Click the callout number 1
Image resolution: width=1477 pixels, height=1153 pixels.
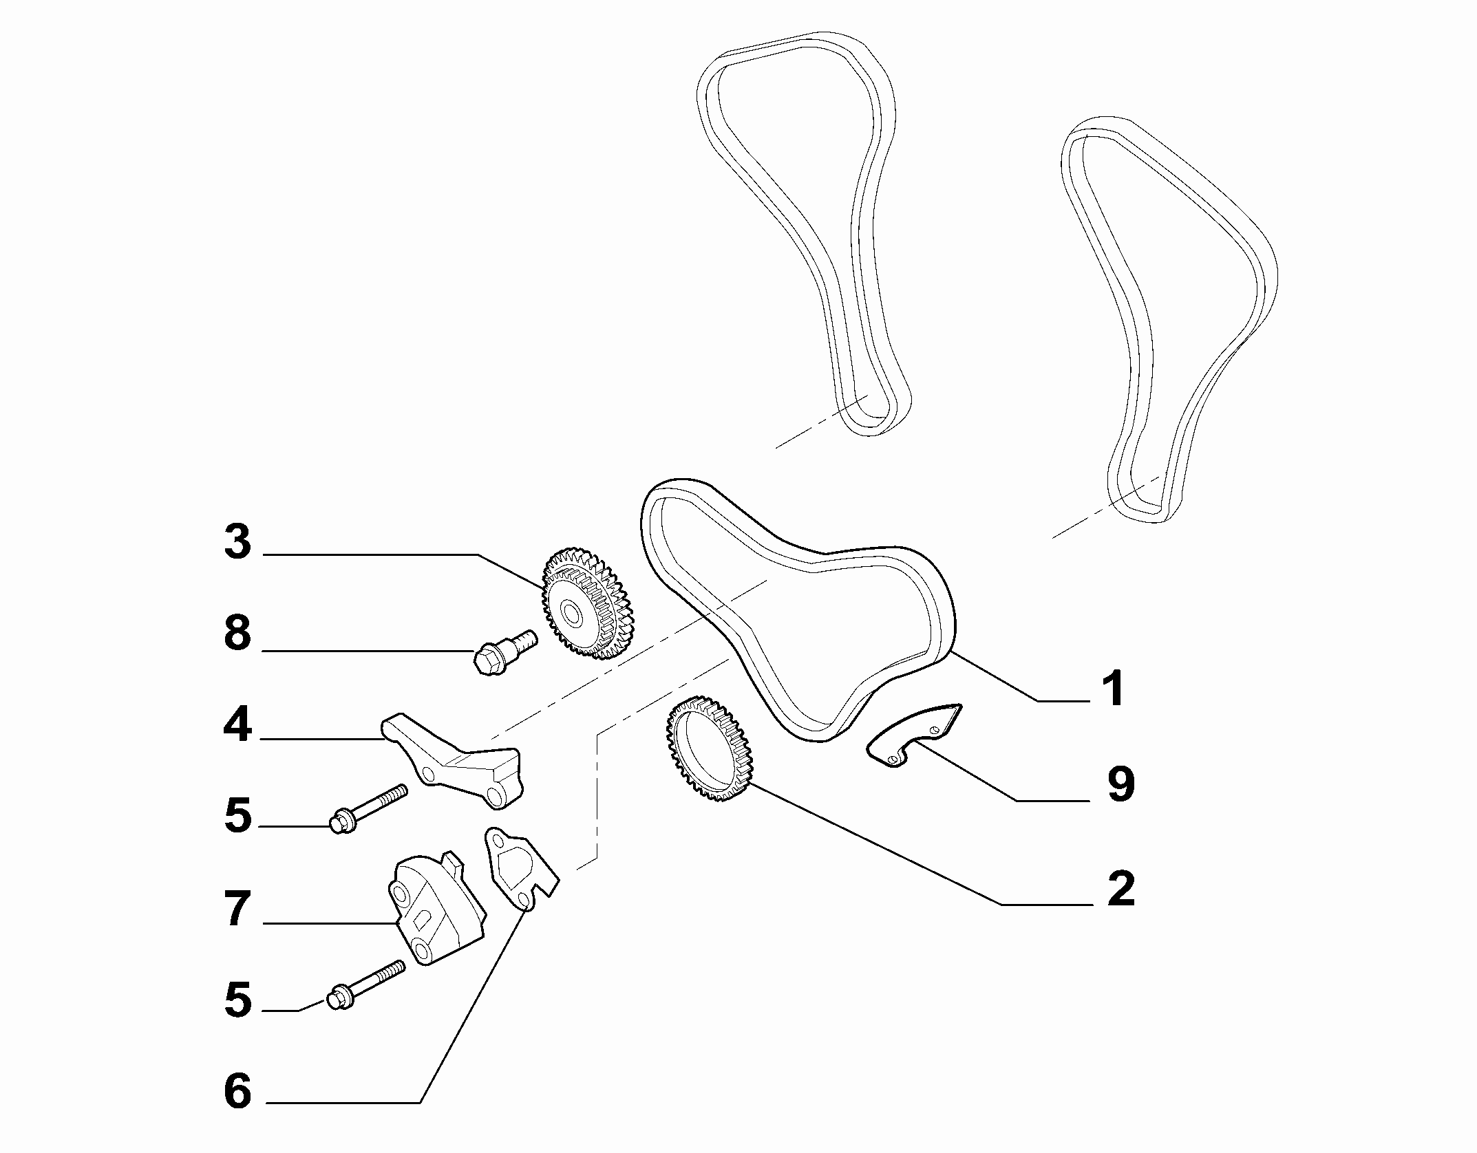pyautogui.click(x=1114, y=688)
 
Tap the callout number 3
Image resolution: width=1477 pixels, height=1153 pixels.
pyautogui.click(x=238, y=543)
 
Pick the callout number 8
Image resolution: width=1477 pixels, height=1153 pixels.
pyautogui.click(x=238, y=633)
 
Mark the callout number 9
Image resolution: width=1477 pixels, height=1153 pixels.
pyautogui.click(x=1120, y=784)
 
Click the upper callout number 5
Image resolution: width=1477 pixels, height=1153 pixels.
pyautogui.click(x=238, y=816)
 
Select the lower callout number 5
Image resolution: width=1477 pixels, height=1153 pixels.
pyautogui.click(x=238, y=1000)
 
